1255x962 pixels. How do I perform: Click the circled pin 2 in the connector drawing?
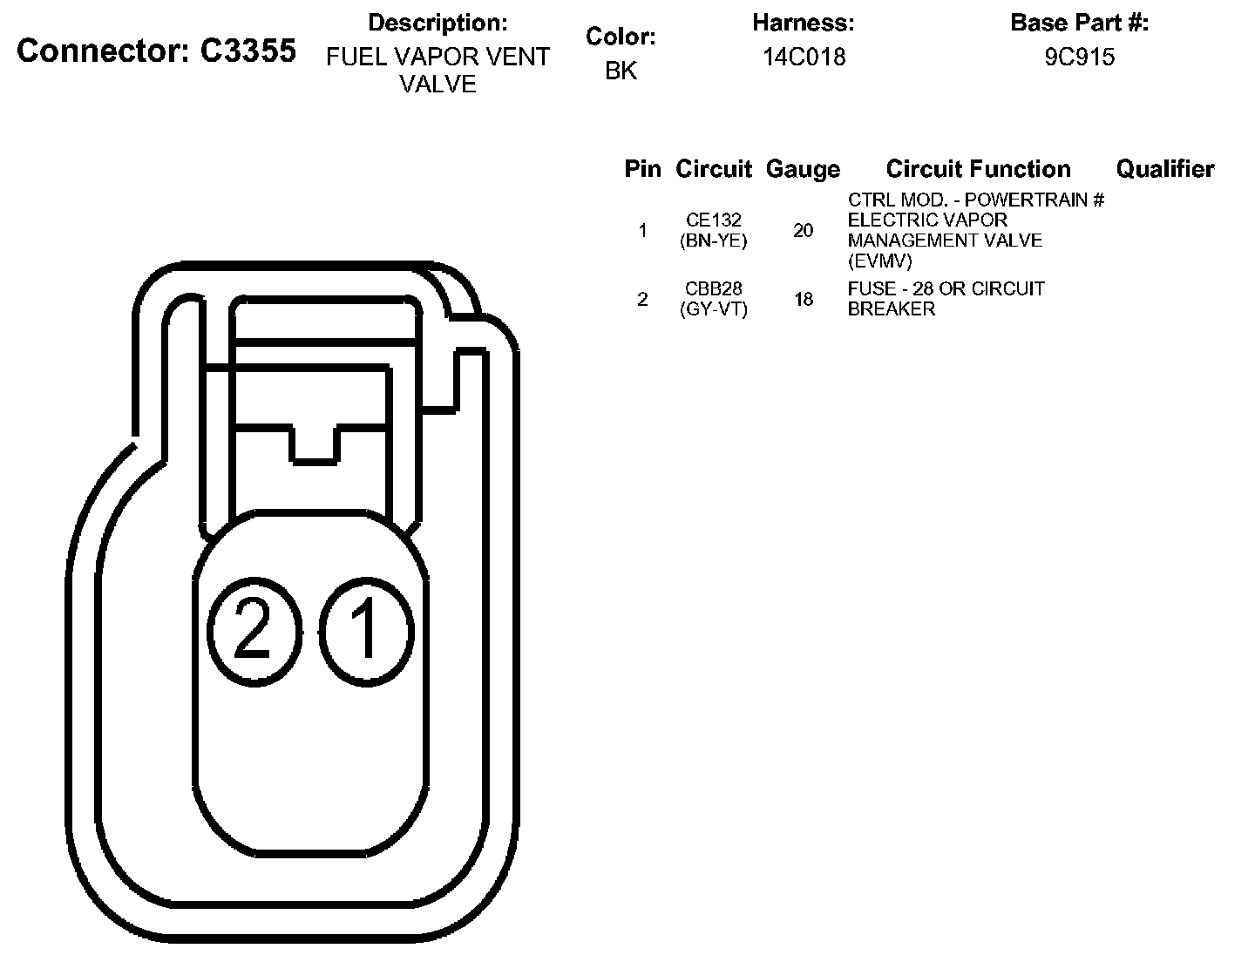[x=254, y=632]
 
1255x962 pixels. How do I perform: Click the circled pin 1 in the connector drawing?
[x=367, y=632]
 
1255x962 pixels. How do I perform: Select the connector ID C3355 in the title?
[x=248, y=51]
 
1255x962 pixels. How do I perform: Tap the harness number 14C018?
[x=804, y=57]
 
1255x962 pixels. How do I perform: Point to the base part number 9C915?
[x=1080, y=57]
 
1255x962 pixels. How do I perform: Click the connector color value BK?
[x=621, y=71]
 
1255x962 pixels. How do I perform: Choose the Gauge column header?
[x=803, y=169]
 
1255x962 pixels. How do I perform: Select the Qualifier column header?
[x=1165, y=168]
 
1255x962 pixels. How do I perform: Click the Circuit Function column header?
[x=979, y=168]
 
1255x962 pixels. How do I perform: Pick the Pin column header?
[x=642, y=168]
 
